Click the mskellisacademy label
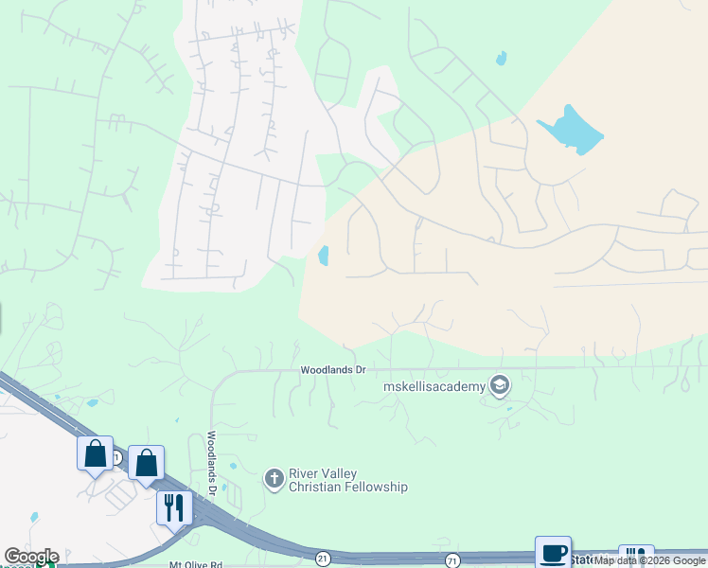(x=433, y=386)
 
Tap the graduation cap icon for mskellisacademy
(x=499, y=384)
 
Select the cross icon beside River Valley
(x=274, y=478)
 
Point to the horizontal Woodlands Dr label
(x=332, y=369)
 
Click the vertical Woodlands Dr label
(x=213, y=464)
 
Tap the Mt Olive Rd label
(x=192, y=564)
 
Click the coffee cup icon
(x=553, y=553)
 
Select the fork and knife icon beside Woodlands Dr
(x=173, y=507)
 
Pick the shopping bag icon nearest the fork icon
(x=146, y=463)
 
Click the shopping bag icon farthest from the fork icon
(x=96, y=453)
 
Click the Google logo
(x=31, y=557)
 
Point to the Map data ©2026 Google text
(x=649, y=560)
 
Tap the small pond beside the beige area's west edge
(x=324, y=256)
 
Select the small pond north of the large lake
(x=501, y=58)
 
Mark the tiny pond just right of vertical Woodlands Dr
(x=233, y=466)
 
